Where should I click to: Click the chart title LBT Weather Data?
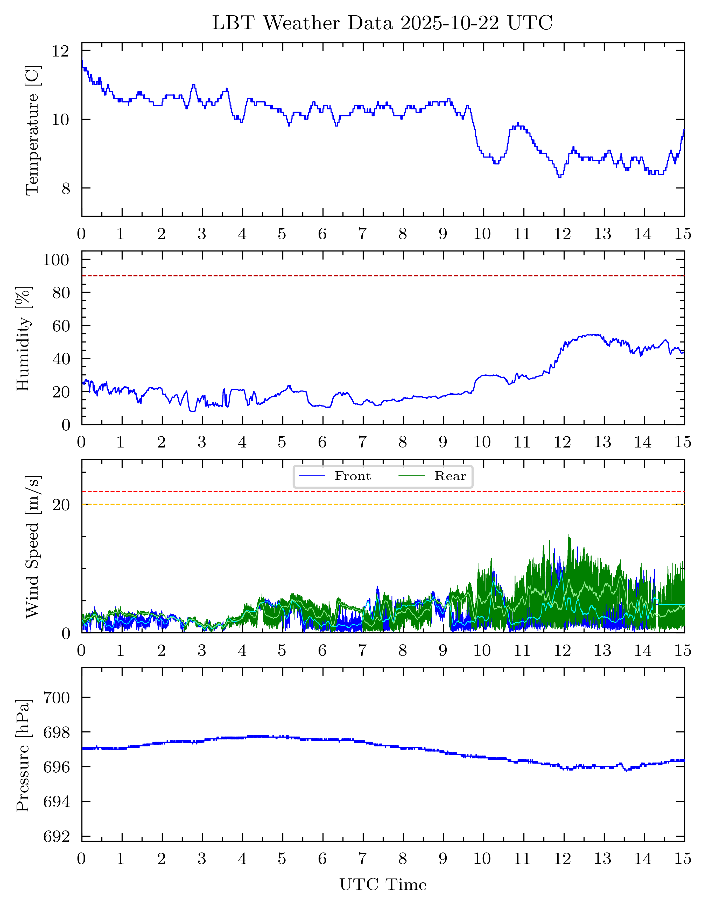pyautogui.click(x=382, y=23)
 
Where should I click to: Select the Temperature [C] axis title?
pyautogui.click(x=32, y=130)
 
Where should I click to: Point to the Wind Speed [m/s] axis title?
pyautogui.click(x=32, y=547)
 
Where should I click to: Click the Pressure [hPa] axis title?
pyautogui.click(x=23, y=756)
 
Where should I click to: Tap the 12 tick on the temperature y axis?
pyautogui.click(x=60, y=51)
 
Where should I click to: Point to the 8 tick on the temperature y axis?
pyautogui.click(x=66, y=188)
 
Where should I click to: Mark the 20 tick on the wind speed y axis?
pyautogui.click(x=61, y=505)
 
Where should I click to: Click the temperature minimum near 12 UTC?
pyautogui.click(x=560, y=177)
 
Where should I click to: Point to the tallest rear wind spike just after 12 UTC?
pyautogui.click(x=568, y=536)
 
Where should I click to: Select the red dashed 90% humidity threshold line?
pyautogui.click(x=383, y=276)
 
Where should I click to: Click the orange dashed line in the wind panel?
pyautogui.click(x=383, y=505)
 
